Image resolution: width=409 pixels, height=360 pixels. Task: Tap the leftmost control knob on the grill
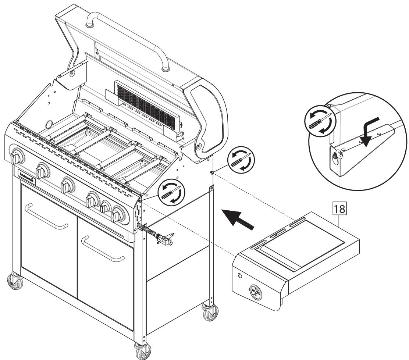(x=16, y=158)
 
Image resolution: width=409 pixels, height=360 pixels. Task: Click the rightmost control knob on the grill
(x=119, y=213)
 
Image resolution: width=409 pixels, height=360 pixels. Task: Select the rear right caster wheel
(x=208, y=313)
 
